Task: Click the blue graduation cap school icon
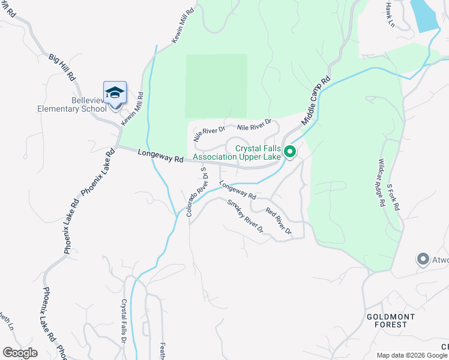point(115,94)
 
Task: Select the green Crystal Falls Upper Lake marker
point(289,151)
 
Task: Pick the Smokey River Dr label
point(246,216)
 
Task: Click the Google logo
point(20,353)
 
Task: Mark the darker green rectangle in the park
point(216,85)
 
